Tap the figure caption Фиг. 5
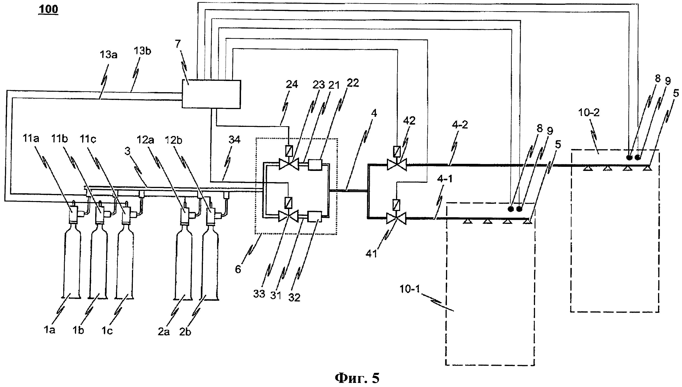357,378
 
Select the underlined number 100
48,9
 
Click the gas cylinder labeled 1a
71,263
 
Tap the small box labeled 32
315,216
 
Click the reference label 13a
108,55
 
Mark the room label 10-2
589,113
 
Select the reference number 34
234,140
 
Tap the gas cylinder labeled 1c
125,263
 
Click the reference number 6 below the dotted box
238,269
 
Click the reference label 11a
31,139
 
